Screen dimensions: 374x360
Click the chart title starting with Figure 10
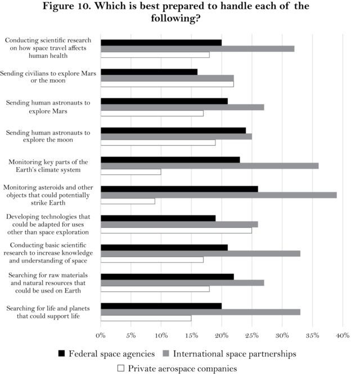pos(180,12)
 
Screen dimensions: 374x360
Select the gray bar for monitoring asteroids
pos(218,195)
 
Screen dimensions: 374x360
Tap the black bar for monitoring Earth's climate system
pos(170,160)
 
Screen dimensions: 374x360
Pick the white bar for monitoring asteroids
pos(128,201)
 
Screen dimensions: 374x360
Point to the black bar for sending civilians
pos(149,71)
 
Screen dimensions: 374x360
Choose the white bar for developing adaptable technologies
pos(176,230)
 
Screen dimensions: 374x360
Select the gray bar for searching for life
pos(200,312)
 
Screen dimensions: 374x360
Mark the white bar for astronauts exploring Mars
pos(152,113)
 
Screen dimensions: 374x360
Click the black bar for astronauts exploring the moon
pos(173,130)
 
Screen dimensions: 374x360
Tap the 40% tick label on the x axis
pos(342,336)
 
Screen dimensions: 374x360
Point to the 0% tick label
pos(101,336)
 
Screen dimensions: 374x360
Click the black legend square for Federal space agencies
pos(62,354)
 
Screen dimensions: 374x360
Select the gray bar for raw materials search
pos(182,282)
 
